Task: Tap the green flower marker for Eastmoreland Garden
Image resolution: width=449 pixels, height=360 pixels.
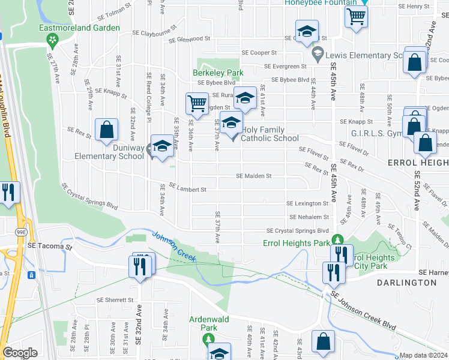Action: click(52, 40)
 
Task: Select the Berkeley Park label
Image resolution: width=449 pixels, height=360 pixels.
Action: click(217, 73)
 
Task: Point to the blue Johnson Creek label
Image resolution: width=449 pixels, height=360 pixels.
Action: click(174, 242)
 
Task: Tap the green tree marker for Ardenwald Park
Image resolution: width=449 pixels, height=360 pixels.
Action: click(209, 340)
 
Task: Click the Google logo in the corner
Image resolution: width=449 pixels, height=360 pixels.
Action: click(20, 353)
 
